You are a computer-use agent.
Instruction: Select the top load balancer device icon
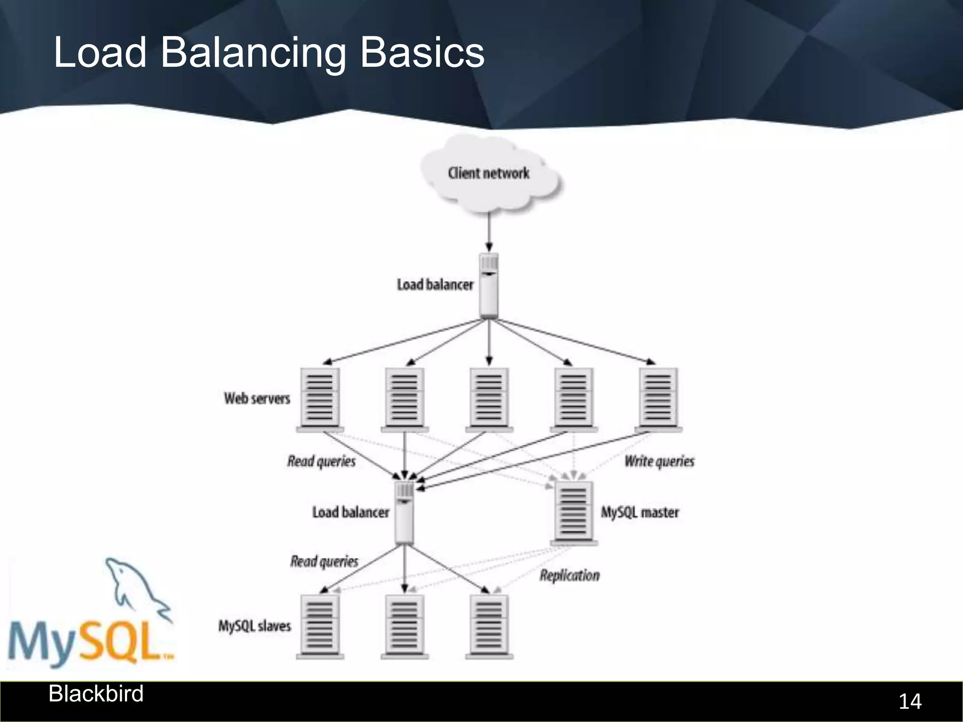click(x=489, y=285)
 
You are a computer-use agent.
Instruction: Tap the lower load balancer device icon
click(x=404, y=512)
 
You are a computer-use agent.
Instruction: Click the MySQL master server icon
click(x=574, y=512)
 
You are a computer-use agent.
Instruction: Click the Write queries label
click(x=659, y=462)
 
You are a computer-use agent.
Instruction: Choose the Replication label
click(x=569, y=575)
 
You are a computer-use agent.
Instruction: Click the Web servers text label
click(x=257, y=399)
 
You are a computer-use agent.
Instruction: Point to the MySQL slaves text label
click(x=254, y=626)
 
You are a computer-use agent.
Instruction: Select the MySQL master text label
click(x=640, y=512)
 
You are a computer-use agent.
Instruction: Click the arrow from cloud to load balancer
click(x=489, y=233)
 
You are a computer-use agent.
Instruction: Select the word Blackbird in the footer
click(x=96, y=694)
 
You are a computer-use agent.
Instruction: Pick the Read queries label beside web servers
click(x=322, y=462)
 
